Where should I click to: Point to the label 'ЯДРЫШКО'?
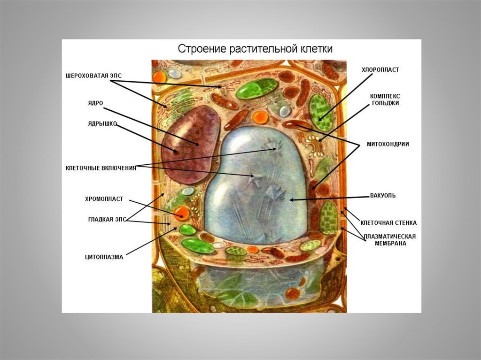(x=102, y=124)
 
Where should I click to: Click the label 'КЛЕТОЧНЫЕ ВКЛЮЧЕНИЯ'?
(x=101, y=168)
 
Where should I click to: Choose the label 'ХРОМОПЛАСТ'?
(x=104, y=199)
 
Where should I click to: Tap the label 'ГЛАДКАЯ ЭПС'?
(x=107, y=219)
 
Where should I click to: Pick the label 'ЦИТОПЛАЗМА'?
(x=104, y=257)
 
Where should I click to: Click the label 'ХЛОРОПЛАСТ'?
(x=380, y=69)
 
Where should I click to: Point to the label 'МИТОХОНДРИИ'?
(x=388, y=144)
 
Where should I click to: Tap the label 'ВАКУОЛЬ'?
(x=383, y=195)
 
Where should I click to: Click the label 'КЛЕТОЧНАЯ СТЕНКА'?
(x=388, y=222)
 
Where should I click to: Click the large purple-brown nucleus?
(x=190, y=143)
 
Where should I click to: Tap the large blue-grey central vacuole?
(x=256, y=188)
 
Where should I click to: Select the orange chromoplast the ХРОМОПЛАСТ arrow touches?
(x=181, y=214)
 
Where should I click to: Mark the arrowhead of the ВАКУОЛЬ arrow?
(x=291, y=200)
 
